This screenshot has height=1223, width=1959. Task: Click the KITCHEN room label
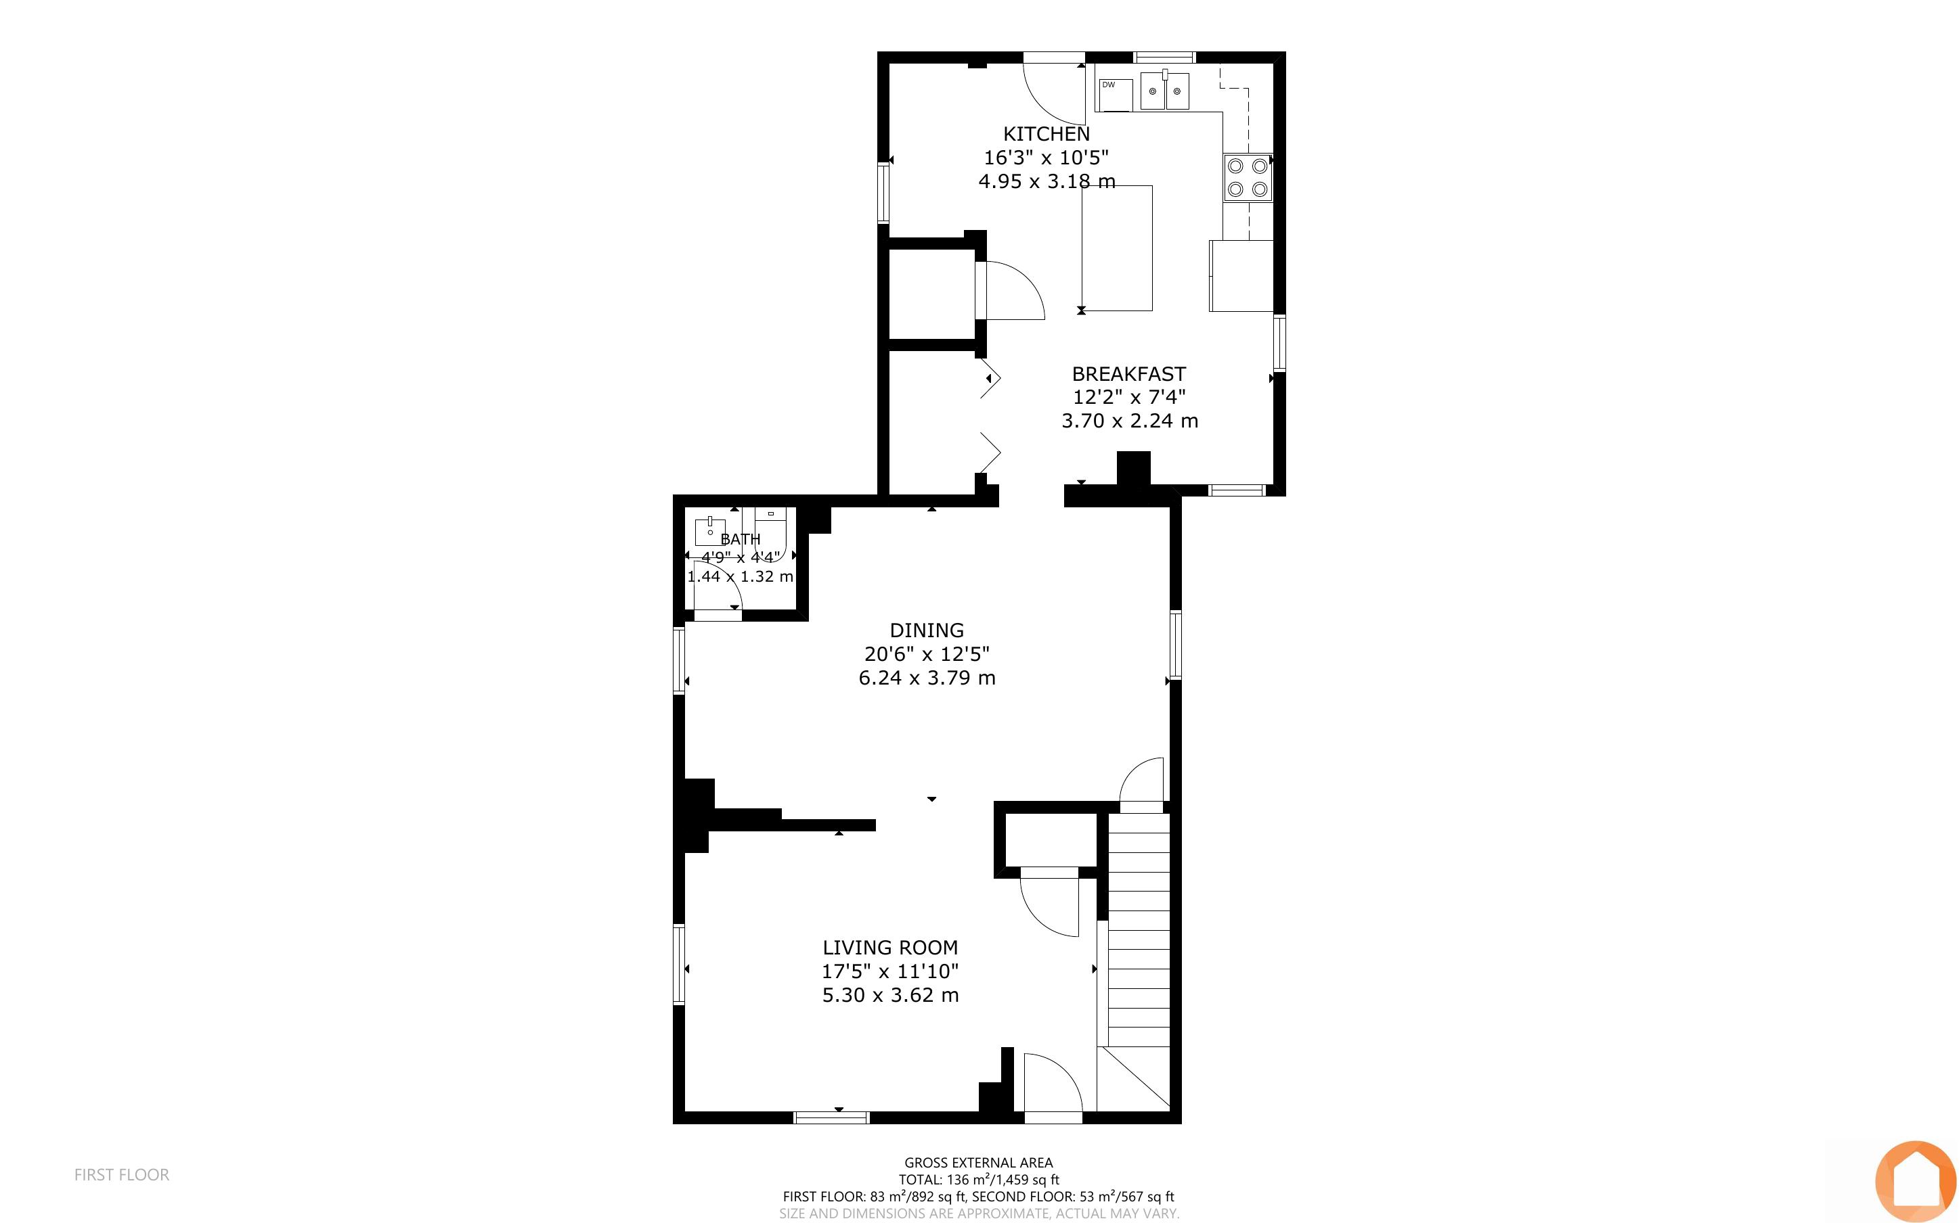(1047, 133)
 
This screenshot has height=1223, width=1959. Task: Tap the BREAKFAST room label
(1129, 373)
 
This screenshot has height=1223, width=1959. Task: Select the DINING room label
(927, 630)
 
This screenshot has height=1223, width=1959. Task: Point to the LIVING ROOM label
(890, 947)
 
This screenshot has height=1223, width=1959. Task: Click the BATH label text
(741, 538)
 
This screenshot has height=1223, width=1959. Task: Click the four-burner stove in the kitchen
(1248, 178)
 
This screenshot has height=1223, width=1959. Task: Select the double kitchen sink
(1165, 90)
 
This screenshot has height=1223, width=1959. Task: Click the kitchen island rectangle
(1117, 248)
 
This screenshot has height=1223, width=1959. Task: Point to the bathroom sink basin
(709, 532)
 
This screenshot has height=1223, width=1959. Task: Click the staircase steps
(1139, 930)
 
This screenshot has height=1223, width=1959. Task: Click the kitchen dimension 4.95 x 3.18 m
(1047, 181)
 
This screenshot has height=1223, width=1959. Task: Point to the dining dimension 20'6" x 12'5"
(927, 653)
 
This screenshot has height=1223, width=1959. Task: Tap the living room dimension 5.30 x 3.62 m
(890, 995)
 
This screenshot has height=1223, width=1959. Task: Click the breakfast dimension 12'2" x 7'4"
(1129, 397)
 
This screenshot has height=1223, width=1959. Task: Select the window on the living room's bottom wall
(831, 1118)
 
